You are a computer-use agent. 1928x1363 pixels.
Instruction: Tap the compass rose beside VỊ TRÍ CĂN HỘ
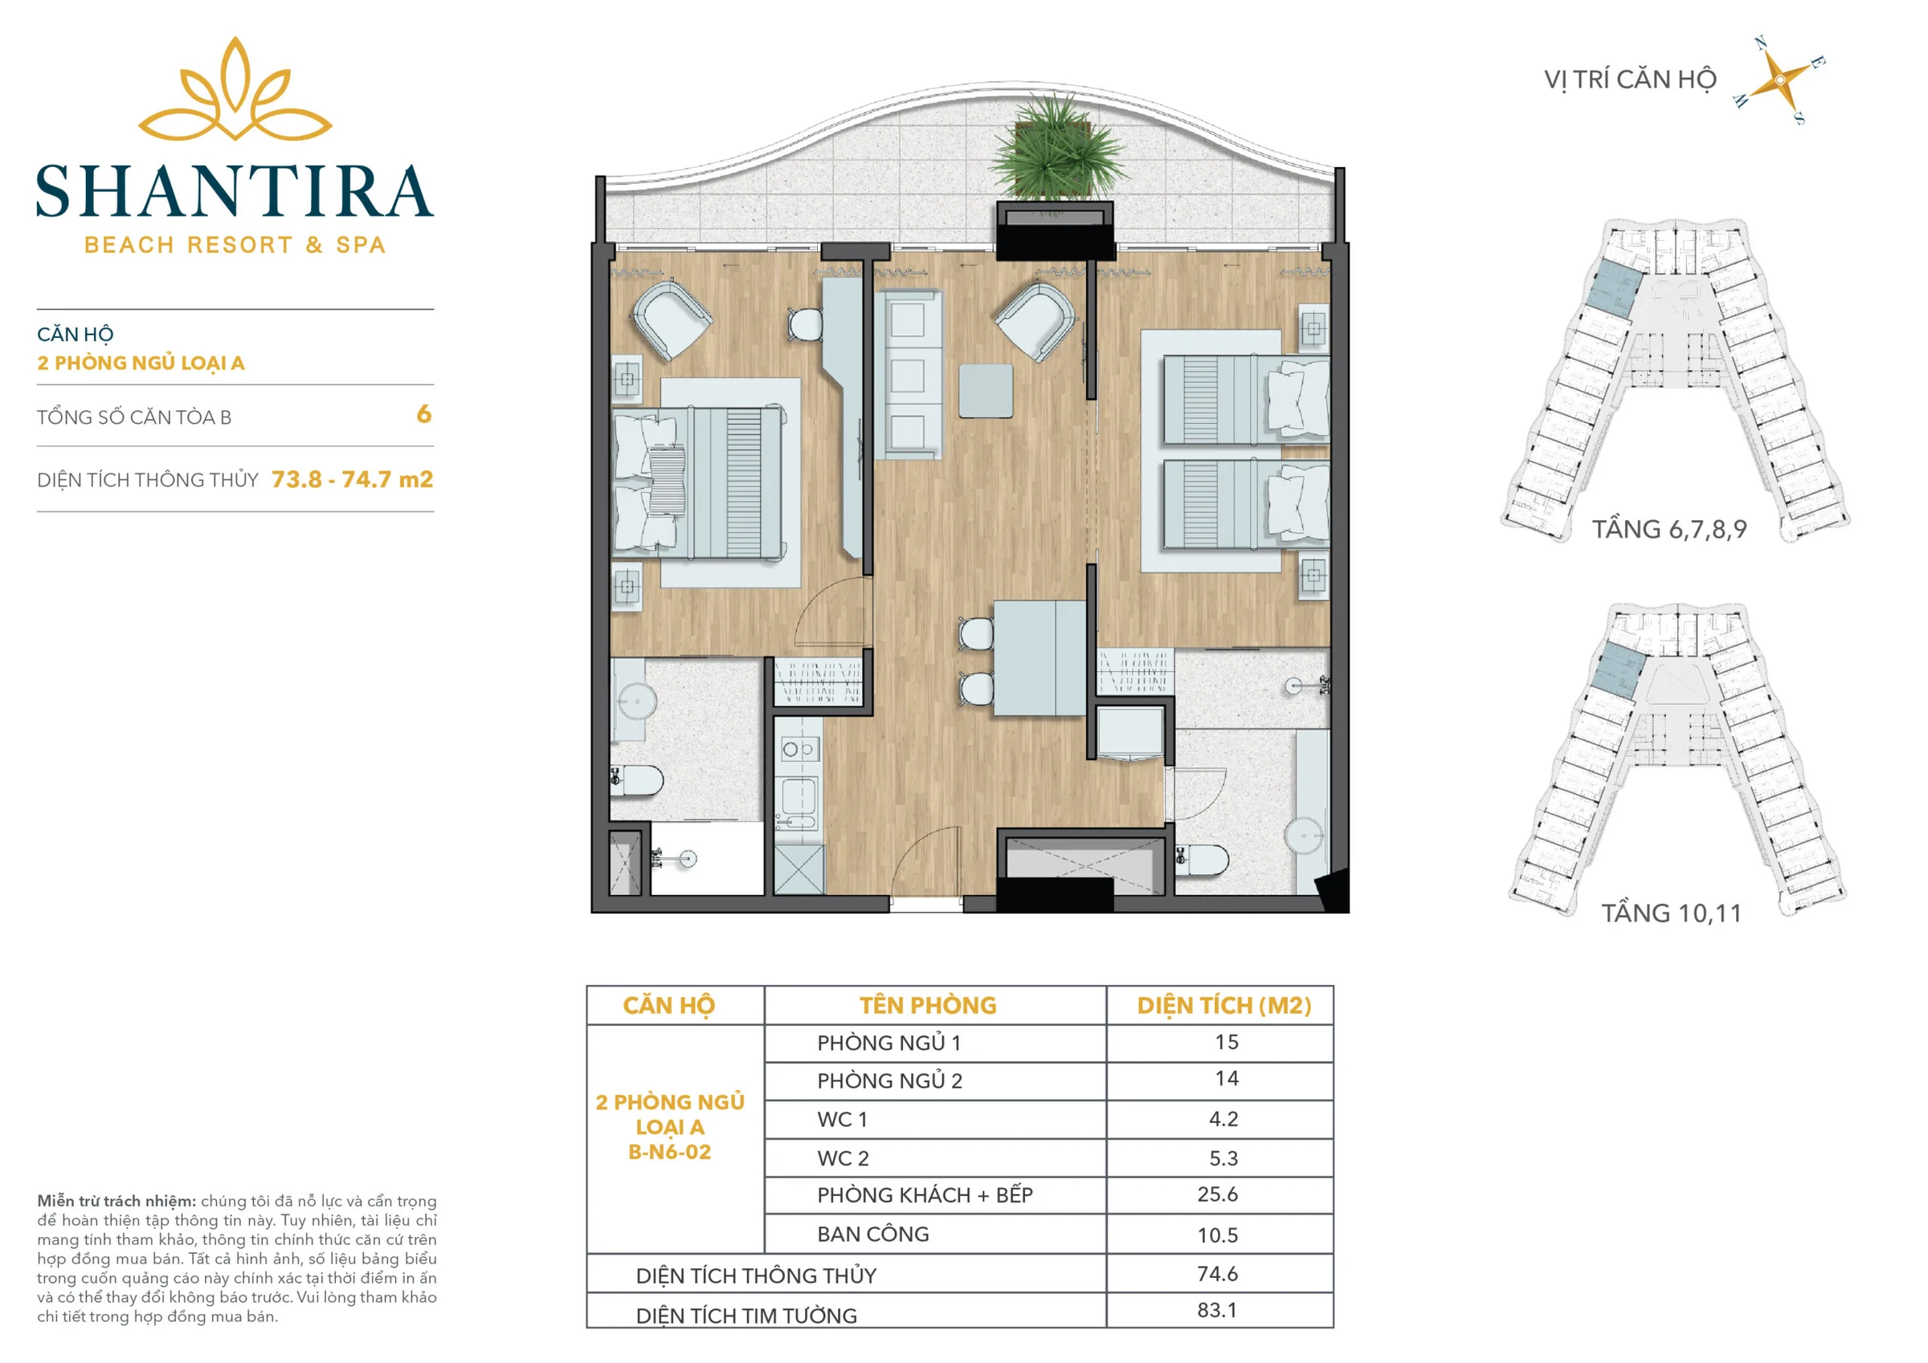[1779, 79]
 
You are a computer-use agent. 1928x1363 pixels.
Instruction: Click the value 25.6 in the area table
[1218, 1194]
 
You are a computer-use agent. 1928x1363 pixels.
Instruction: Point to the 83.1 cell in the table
[1218, 1310]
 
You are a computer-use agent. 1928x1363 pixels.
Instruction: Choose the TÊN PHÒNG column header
[928, 1006]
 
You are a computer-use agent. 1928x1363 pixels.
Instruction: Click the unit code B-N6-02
[669, 1153]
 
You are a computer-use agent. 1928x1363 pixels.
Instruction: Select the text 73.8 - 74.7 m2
[352, 479]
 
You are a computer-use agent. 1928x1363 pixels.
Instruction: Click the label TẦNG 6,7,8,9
[1669, 530]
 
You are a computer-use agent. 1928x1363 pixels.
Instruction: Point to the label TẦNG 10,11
[1671, 913]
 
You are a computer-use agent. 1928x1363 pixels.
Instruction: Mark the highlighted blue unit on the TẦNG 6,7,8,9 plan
[1617, 289]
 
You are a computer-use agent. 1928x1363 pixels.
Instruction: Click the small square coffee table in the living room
[986, 390]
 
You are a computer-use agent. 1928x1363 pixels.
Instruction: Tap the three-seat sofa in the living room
[908, 374]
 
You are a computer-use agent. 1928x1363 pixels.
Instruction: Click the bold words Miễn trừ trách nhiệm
[116, 1201]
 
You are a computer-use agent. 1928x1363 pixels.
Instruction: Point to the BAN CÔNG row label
[873, 1235]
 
